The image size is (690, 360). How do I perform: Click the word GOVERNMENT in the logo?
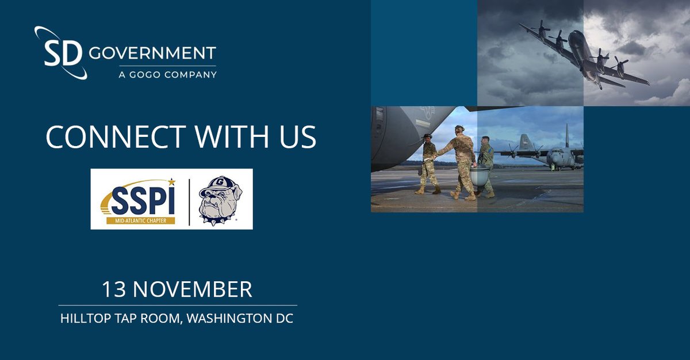[x=153, y=53]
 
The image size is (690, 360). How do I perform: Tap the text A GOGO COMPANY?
[x=153, y=74]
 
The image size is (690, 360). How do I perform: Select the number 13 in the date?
[x=114, y=289]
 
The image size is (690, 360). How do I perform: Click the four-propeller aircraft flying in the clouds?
[x=581, y=55]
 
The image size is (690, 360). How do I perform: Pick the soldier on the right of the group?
[x=486, y=164]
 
